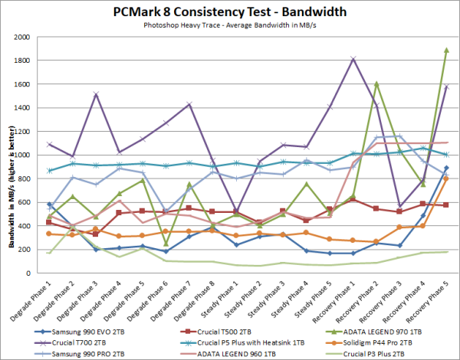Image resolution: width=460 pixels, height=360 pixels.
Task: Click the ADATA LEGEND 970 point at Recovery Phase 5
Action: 445,51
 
